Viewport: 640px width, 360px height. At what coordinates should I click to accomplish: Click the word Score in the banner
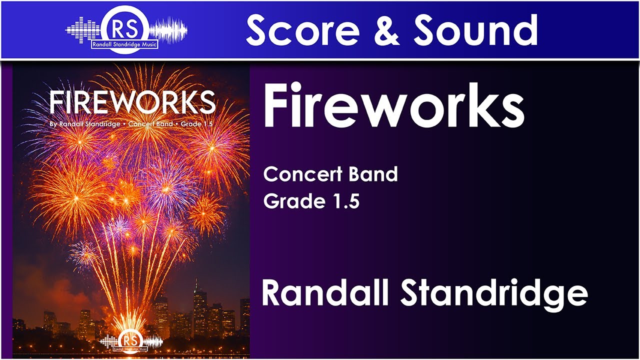pyautogui.click(x=302, y=29)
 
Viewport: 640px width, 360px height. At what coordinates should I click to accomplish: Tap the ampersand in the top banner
pyautogui.click(x=385, y=29)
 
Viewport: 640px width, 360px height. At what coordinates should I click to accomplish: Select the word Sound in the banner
pyautogui.click(x=475, y=29)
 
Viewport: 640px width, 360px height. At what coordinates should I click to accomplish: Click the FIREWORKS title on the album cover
pyautogui.click(x=132, y=102)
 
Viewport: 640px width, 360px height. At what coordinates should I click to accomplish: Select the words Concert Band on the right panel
pyautogui.click(x=330, y=174)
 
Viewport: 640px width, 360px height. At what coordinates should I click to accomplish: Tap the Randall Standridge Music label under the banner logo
pyautogui.click(x=123, y=44)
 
